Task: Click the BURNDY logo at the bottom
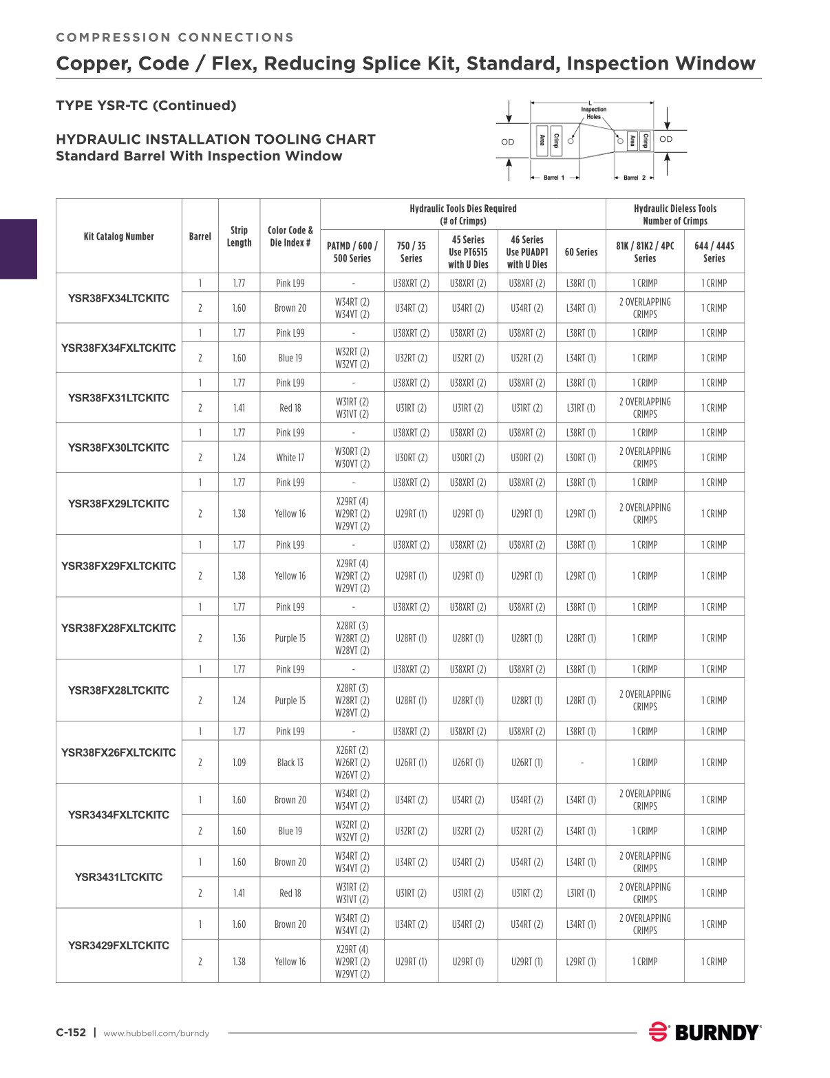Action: pyautogui.click(x=705, y=1032)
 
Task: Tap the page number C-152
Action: pyautogui.click(x=71, y=1033)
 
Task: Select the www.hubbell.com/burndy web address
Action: pyautogui.click(x=156, y=1033)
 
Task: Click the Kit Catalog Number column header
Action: pyautogui.click(x=118, y=236)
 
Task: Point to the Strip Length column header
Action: pyautogui.click(x=239, y=236)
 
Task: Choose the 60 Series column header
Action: pyautogui.click(x=581, y=252)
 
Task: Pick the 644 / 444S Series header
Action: pyautogui.click(x=714, y=252)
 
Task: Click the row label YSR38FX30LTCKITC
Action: pyautogui.click(x=118, y=447)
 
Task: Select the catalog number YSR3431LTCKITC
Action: pyautogui.click(x=118, y=877)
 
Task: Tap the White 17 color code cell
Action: pyautogui.click(x=290, y=458)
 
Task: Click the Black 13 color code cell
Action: pyautogui.click(x=290, y=763)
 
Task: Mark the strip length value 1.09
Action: pyautogui.click(x=239, y=763)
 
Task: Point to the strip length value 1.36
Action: pyautogui.click(x=239, y=638)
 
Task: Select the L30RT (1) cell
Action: pyautogui.click(x=581, y=458)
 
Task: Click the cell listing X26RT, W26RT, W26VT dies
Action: pyautogui.click(x=352, y=763)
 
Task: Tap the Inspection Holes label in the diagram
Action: pyautogui.click(x=593, y=113)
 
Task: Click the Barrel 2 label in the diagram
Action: pyautogui.click(x=634, y=178)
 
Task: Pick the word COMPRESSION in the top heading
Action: pyautogui.click(x=113, y=37)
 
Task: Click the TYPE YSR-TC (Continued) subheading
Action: pyautogui.click(x=146, y=105)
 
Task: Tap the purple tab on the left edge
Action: pyautogui.click(x=18, y=249)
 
